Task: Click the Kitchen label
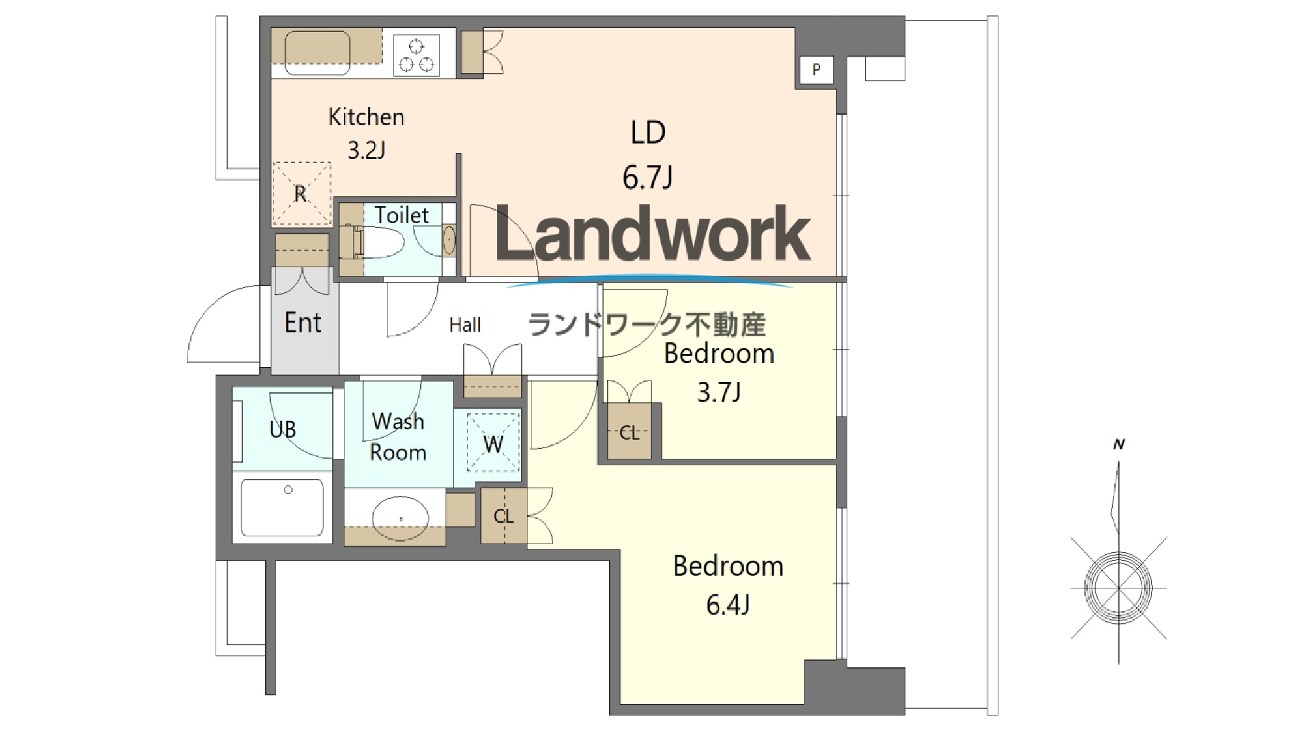click(x=366, y=117)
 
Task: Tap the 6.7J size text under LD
click(x=647, y=177)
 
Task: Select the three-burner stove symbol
click(x=416, y=55)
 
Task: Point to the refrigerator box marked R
click(x=301, y=194)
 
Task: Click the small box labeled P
click(x=816, y=69)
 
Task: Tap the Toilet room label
click(x=402, y=215)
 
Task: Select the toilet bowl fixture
click(x=380, y=242)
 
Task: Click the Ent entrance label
click(x=303, y=323)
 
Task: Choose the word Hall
click(x=465, y=325)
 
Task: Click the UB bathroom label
click(x=283, y=429)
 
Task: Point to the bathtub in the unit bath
click(x=282, y=508)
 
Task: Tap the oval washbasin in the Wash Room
click(x=401, y=519)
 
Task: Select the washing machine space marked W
click(x=493, y=444)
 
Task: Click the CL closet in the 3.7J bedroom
click(x=629, y=431)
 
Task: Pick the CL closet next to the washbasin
click(x=504, y=516)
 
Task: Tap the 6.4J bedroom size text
click(x=728, y=605)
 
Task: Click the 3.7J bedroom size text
click(x=719, y=392)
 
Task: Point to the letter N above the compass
click(x=1119, y=444)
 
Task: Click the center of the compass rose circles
click(x=1118, y=588)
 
